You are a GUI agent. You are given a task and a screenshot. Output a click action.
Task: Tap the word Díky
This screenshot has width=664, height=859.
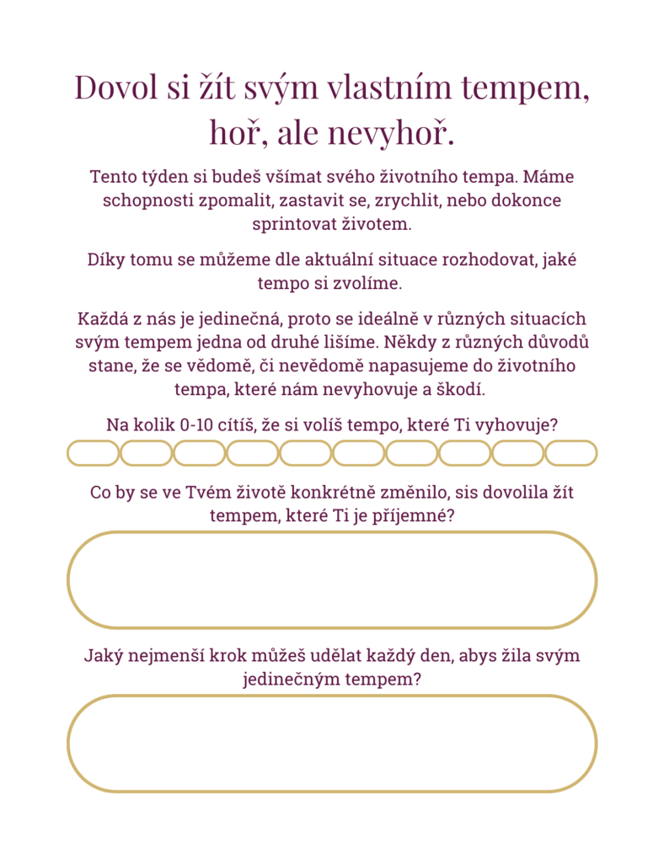(x=108, y=259)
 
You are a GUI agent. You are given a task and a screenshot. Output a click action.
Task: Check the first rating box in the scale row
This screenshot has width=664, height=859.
(x=94, y=453)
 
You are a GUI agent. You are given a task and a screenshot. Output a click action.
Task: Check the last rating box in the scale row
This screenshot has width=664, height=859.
(x=570, y=453)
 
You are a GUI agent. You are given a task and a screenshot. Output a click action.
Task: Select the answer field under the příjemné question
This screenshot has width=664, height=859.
(x=332, y=580)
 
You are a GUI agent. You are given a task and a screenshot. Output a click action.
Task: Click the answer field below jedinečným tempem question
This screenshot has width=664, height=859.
(x=332, y=744)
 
